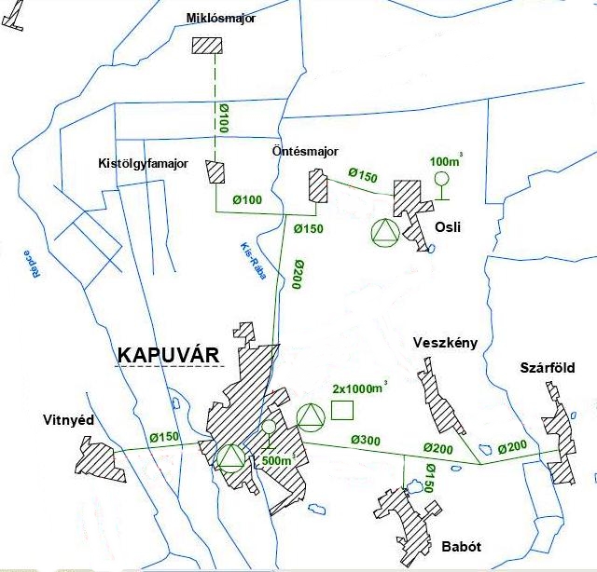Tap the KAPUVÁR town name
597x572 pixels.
[x=168, y=355]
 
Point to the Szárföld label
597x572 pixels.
[x=548, y=368]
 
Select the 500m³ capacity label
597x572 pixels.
[x=277, y=460]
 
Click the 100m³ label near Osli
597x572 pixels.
[x=447, y=160]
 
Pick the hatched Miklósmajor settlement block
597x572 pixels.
[x=206, y=46]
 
